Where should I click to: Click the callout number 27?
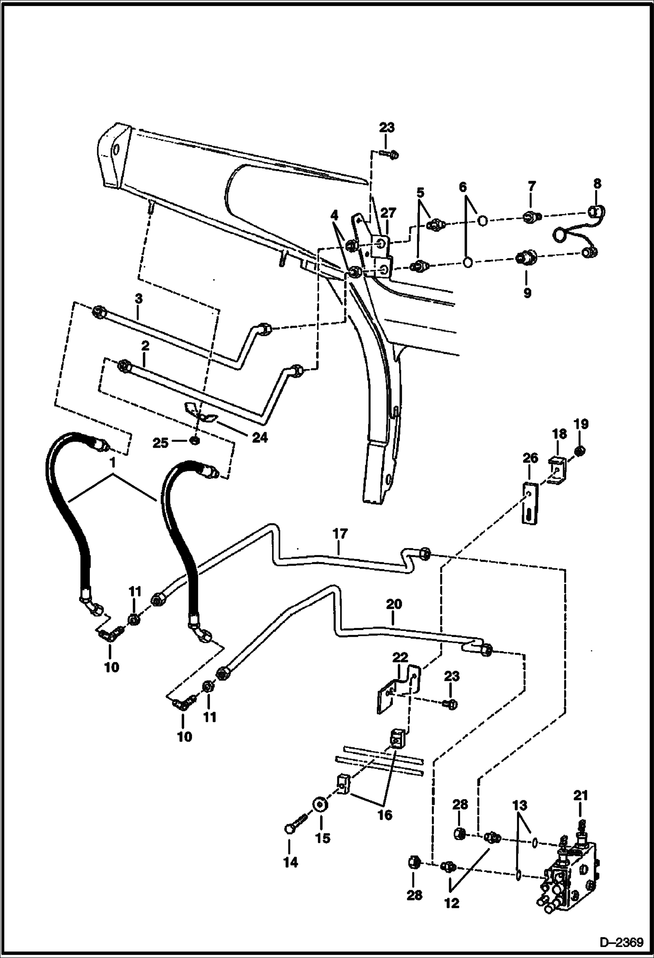pos(388,213)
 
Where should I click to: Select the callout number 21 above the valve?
pos(581,796)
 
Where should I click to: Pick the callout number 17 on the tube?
pos(340,534)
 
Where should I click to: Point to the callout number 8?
pos(597,183)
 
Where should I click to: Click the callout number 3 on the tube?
pos(138,300)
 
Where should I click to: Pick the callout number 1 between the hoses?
pos(113,463)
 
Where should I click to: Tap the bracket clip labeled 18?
pos(556,472)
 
